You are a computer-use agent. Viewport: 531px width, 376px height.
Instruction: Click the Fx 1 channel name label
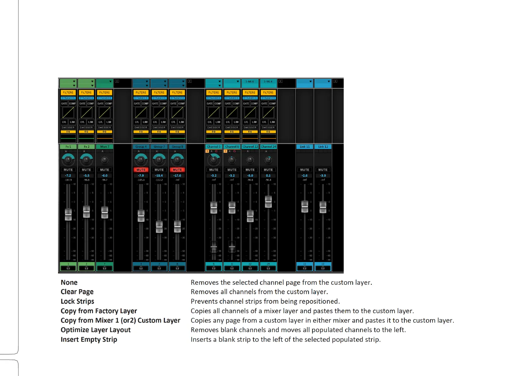pos(68,147)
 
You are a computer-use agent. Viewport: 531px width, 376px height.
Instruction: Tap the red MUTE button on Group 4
pos(141,170)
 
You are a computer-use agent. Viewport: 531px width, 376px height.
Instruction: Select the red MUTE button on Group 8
pos(177,170)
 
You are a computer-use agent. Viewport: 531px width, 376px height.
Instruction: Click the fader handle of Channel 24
pos(268,201)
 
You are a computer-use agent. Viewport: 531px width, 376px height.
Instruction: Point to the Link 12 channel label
pos(323,147)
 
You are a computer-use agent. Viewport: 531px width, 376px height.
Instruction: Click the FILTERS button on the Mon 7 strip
pos(104,93)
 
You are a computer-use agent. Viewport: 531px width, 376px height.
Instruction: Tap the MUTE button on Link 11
pos(305,170)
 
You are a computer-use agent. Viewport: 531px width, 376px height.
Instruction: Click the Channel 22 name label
pos(250,147)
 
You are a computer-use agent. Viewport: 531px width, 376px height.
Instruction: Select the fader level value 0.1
pos(268,176)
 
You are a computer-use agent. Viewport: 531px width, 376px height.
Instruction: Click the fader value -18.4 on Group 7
pos(159,176)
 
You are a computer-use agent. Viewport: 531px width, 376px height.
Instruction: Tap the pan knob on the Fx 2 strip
pos(86,160)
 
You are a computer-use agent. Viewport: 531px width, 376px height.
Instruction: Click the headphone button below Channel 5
pos(214,268)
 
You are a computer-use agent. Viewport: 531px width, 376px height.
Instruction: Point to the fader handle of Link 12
pos(323,207)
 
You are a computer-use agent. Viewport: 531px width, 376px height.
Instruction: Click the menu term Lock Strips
pos(77,301)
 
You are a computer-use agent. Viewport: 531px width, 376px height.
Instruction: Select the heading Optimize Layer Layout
pos(96,330)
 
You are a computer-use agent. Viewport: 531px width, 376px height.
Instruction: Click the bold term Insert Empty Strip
pos(89,339)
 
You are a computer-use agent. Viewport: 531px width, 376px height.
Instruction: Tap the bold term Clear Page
pos(77,292)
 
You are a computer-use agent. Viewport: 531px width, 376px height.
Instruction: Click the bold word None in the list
pos(69,283)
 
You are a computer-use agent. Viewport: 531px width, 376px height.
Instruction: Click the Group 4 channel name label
pos(141,147)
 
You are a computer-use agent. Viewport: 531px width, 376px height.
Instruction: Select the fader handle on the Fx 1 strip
pos(68,214)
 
